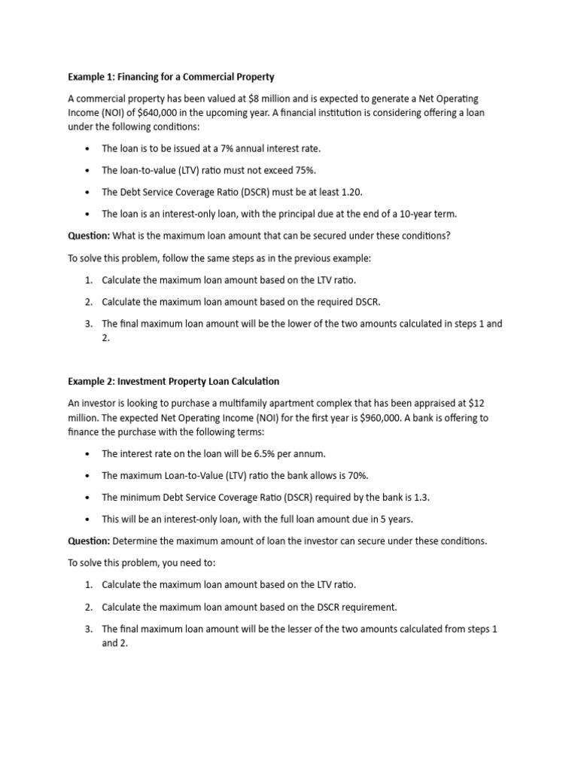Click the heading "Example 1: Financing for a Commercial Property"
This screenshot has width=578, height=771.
coord(172,77)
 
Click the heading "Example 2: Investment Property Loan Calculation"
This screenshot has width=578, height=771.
coord(174,381)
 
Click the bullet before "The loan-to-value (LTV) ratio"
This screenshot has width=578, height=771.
coord(88,171)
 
